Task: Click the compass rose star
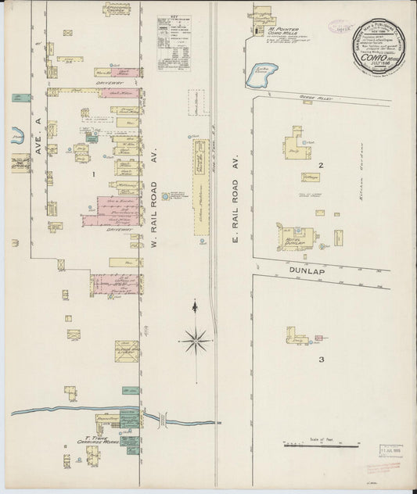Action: tap(196, 339)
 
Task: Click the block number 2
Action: tap(321, 165)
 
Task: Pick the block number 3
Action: tap(321, 360)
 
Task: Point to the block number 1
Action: tap(92, 174)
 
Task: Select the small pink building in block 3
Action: tap(317, 338)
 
